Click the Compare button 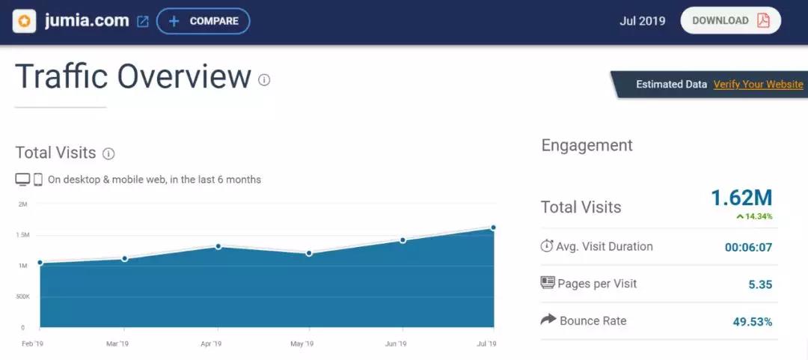(x=203, y=21)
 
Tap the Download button (x=729, y=21)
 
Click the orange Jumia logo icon (x=25, y=21)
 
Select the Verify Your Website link (x=758, y=85)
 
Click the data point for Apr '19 (x=218, y=246)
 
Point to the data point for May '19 (x=308, y=254)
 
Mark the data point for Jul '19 (x=494, y=228)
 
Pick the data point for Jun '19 (x=403, y=240)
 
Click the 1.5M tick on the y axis (x=22, y=235)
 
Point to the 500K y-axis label (x=22, y=296)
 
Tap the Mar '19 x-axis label (x=118, y=344)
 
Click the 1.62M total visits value (x=741, y=198)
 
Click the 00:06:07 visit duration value (x=748, y=247)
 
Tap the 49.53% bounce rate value (x=752, y=322)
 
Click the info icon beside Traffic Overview (x=264, y=80)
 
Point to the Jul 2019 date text (x=642, y=21)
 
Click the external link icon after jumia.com (x=143, y=22)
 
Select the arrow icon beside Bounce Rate (x=548, y=320)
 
